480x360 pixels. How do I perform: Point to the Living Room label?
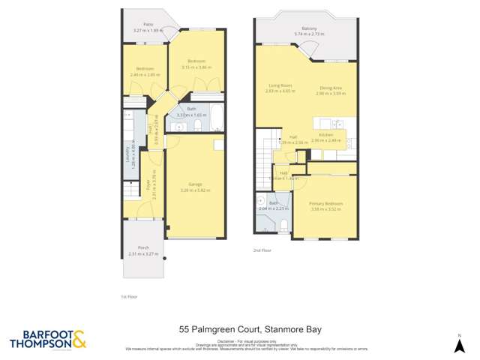click(x=280, y=85)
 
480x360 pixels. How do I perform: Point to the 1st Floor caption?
click(x=129, y=296)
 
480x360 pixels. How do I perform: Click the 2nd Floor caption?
click(x=262, y=250)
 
